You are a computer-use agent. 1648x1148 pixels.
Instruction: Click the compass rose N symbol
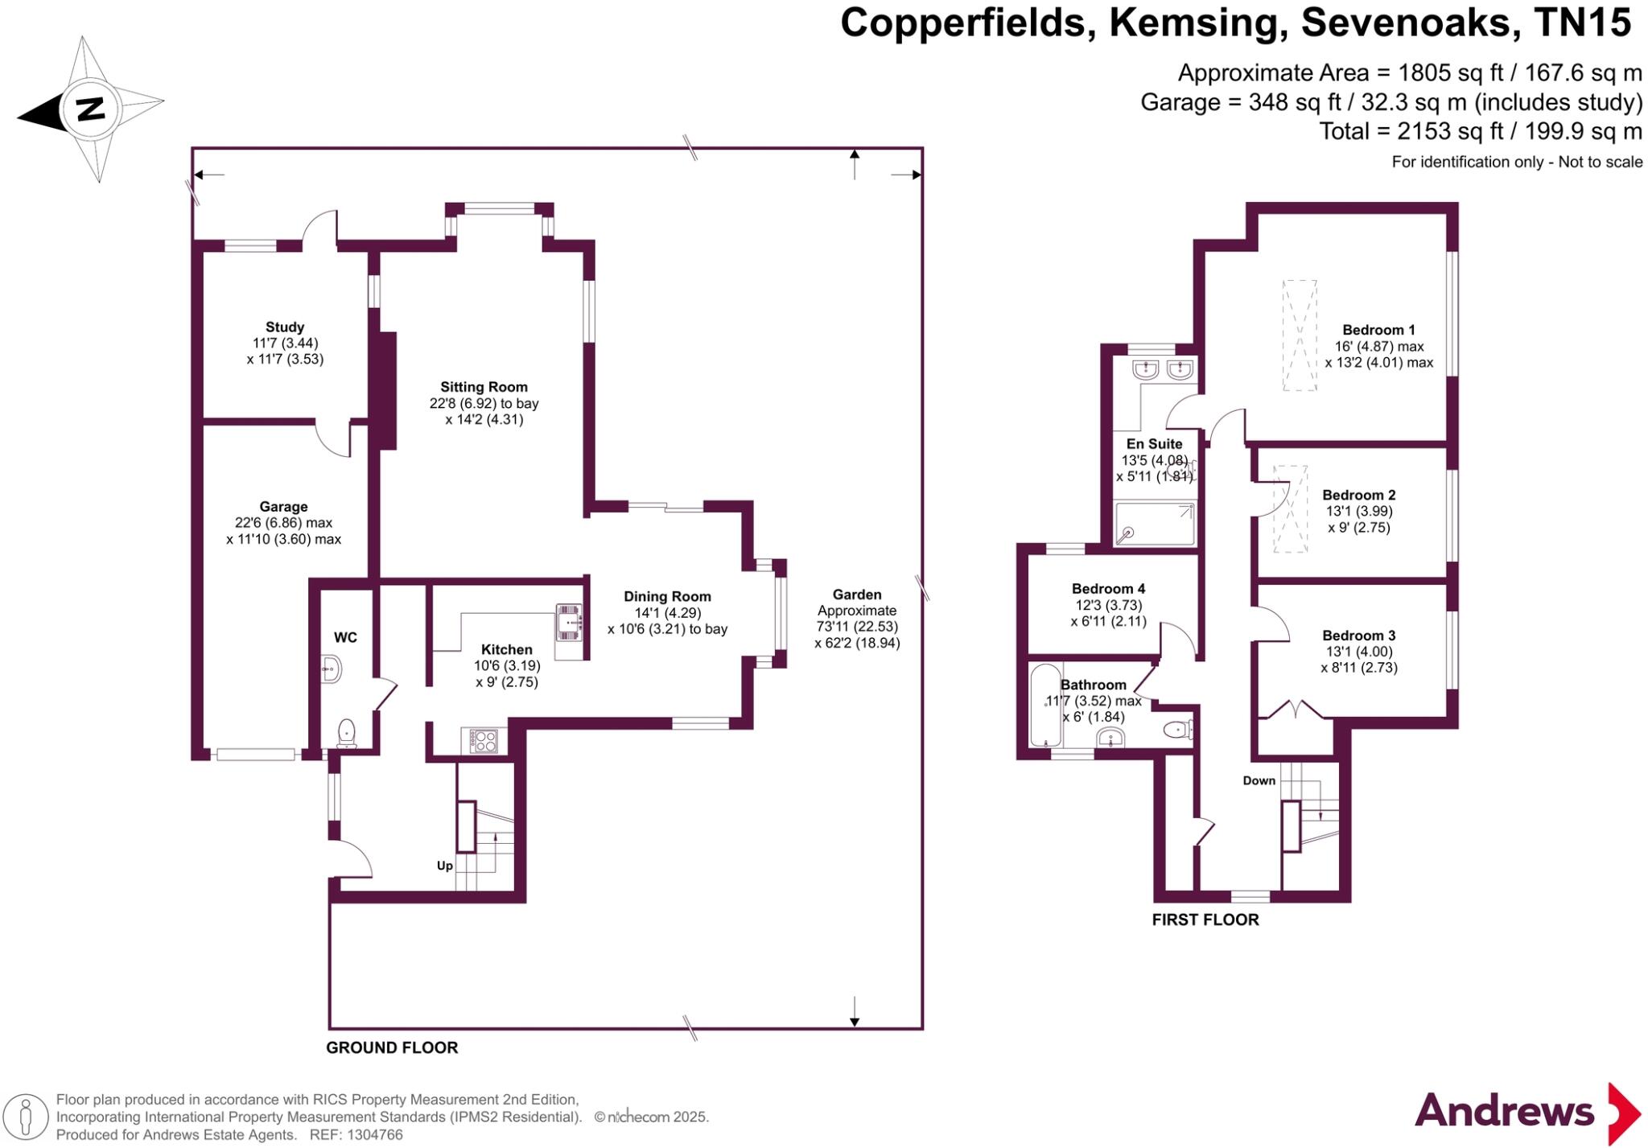click(90, 109)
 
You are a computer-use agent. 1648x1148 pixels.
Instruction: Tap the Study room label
click(285, 327)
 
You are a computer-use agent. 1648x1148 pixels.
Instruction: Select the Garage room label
click(283, 507)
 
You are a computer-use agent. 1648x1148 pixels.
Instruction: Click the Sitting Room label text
click(484, 387)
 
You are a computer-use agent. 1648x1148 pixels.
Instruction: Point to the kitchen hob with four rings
click(484, 740)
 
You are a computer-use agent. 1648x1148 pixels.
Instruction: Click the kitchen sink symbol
click(570, 623)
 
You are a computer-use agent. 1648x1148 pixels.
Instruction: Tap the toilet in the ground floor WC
click(347, 732)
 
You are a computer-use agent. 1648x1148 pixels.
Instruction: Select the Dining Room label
click(667, 597)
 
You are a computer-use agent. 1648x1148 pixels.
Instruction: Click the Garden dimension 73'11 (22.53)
click(857, 627)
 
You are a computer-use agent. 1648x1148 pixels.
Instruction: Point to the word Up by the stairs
click(445, 866)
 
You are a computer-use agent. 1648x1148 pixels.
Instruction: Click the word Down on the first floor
click(1259, 780)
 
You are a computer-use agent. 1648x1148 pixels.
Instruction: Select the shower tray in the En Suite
click(1155, 523)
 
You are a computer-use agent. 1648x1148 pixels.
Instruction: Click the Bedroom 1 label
click(1378, 330)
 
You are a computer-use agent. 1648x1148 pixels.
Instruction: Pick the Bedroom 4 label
click(1108, 589)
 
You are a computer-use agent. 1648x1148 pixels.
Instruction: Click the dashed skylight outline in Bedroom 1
click(1300, 335)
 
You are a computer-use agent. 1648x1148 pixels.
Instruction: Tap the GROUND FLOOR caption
click(392, 1047)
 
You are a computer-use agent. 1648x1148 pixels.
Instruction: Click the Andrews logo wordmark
click(1504, 1112)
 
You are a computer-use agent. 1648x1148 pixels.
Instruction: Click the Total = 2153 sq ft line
click(1480, 131)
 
